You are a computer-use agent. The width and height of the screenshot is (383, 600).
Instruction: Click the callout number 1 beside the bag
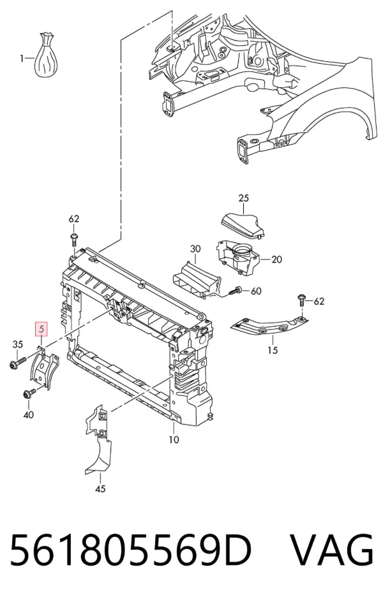coord(22,59)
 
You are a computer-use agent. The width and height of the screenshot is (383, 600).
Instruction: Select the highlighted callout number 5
coord(41,328)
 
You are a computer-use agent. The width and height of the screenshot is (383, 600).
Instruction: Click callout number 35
coord(18,344)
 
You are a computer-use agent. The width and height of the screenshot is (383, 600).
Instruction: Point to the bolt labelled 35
coord(17,362)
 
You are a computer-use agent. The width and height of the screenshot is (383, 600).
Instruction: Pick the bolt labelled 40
coord(29,393)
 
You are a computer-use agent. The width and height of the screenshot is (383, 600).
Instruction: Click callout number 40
coord(28,414)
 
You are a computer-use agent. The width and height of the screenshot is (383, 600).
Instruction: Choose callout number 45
coord(100,488)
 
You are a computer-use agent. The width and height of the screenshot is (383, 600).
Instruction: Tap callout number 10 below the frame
coord(174,440)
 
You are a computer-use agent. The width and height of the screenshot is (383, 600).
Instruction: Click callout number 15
coord(273,350)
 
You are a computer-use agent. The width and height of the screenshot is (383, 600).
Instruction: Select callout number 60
coord(256,291)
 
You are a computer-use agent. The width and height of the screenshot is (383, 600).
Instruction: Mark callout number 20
coord(276,260)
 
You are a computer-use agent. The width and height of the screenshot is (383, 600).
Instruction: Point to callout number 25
coord(243,198)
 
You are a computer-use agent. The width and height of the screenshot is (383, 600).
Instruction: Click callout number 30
coord(195,249)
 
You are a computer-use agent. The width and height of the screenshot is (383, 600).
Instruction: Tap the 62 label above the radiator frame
coord(74,219)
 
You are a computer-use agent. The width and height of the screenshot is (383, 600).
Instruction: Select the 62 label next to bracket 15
coord(319,302)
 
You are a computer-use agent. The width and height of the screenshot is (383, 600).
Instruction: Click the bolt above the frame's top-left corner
coord(74,240)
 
